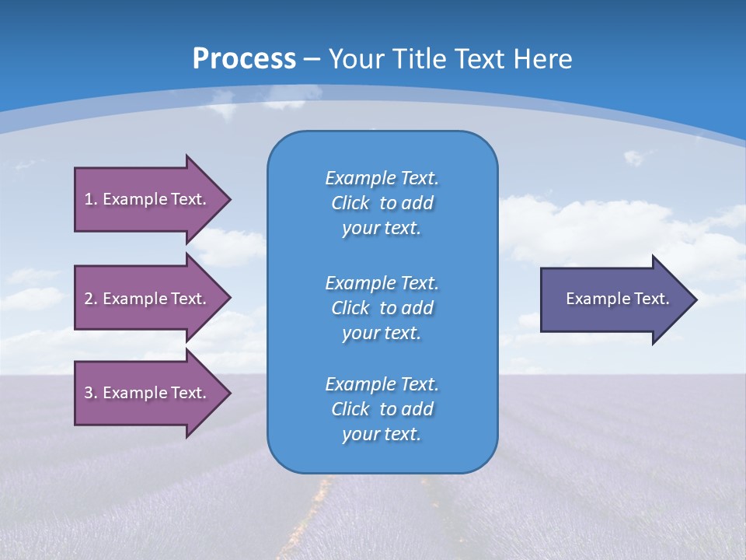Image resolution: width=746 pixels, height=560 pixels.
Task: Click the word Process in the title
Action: click(x=244, y=59)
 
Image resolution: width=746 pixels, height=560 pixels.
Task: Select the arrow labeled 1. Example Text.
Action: click(x=148, y=199)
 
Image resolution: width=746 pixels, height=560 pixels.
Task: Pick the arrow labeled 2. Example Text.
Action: click(x=148, y=299)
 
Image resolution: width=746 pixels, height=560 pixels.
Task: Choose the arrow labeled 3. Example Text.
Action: click(x=148, y=393)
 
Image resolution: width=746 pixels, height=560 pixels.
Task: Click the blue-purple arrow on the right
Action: click(x=614, y=299)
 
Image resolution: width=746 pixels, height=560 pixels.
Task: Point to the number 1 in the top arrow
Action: click(x=89, y=199)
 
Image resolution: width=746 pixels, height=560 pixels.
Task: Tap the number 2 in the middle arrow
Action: click(x=89, y=299)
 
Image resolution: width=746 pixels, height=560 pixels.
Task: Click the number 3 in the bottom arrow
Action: click(x=89, y=393)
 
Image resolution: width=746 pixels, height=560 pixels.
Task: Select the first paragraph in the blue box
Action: click(x=382, y=203)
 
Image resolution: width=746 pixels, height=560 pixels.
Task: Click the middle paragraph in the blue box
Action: click(x=382, y=308)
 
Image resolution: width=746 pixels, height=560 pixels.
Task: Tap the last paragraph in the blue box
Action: click(x=382, y=409)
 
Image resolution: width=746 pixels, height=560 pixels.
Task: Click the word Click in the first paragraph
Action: click(x=350, y=203)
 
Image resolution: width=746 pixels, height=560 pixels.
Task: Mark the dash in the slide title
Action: click(x=312, y=59)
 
